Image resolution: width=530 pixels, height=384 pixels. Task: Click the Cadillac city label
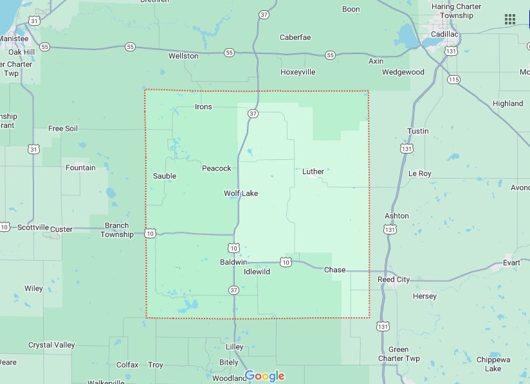tap(444, 33)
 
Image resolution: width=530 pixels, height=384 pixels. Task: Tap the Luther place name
tap(313, 171)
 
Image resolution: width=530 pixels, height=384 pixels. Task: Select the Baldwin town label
tap(233, 262)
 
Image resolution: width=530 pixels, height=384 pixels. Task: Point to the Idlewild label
tap(257, 272)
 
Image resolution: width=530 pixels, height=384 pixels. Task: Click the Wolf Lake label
tap(241, 193)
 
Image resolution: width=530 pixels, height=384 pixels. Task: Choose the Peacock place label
tap(216, 168)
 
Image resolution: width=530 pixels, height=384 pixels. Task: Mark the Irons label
tap(203, 107)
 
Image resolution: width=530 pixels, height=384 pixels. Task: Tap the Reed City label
tap(394, 279)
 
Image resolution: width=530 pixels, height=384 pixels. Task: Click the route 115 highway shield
tap(454, 80)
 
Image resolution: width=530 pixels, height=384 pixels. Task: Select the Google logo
tap(264, 376)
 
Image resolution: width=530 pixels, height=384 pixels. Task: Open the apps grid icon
tap(510, 19)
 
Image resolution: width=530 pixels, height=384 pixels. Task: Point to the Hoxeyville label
tap(298, 72)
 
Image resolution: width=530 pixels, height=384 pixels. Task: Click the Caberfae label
tap(295, 37)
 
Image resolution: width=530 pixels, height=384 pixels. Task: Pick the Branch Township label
tap(116, 230)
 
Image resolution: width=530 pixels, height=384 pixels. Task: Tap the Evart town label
tap(511, 263)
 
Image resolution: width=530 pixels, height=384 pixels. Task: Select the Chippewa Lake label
tap(493, 364)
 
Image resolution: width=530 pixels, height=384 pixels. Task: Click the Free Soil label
tap(63, 128)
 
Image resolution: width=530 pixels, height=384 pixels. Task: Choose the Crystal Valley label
tap(51, 345)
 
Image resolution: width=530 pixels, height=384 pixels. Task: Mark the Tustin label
tap(417, 131)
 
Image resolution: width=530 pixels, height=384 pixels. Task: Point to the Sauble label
tap(165, 176)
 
